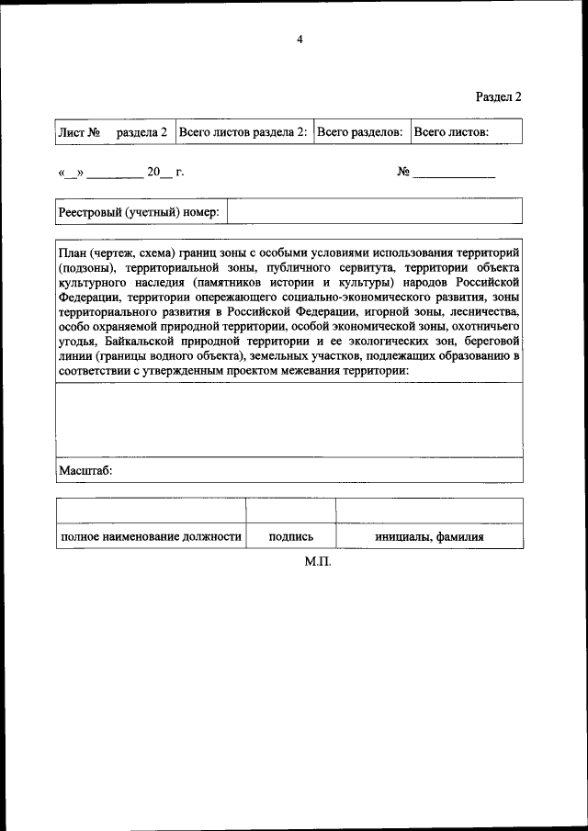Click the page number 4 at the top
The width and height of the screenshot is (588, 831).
(300, 39)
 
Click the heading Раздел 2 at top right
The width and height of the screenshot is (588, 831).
(499, 96)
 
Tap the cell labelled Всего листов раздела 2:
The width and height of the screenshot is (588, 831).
(243, 132)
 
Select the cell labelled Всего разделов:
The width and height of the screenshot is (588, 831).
(359, 132)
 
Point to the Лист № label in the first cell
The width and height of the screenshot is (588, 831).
(79, 132)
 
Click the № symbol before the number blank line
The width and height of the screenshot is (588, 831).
(402, 172)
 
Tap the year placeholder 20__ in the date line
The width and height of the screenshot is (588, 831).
(153, 172)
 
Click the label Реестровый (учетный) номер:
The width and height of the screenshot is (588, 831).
(139, 211)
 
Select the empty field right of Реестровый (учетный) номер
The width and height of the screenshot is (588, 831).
(375, 211)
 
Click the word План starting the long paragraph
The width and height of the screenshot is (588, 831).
(73, 252)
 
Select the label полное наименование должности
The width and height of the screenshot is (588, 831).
(151, 536)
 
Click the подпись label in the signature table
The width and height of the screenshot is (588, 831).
(290, 536)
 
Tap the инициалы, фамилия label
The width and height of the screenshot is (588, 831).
(429, 536)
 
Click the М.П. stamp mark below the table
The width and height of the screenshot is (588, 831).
(318, 561)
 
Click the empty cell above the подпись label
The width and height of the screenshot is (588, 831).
(290, 511)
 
